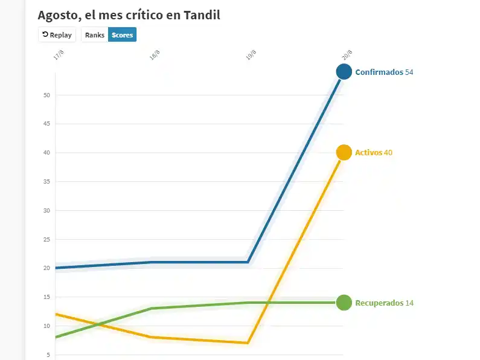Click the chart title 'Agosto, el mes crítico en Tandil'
(x=129, y=15)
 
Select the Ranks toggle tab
(x=95, y=35)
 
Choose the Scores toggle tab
(x=123, y=35)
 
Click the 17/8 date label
(x=58, y=56)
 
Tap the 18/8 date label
(x=155, y=56)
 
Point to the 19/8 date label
(x=251, y=56)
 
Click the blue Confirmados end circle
(x=344, y=72)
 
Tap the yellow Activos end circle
(x=344, y=153)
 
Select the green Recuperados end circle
(x=344, y=303)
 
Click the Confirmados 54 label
(x=384, y=72)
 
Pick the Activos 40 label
(x=374, y=153)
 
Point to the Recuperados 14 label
(x=384, y=303)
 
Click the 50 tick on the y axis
(x=46, y=95)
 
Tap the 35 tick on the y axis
(x=46, y=182)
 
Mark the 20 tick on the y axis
(x=46, y=268)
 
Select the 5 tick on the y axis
(x=48, y=355)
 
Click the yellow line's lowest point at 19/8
(x=248, y=343)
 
